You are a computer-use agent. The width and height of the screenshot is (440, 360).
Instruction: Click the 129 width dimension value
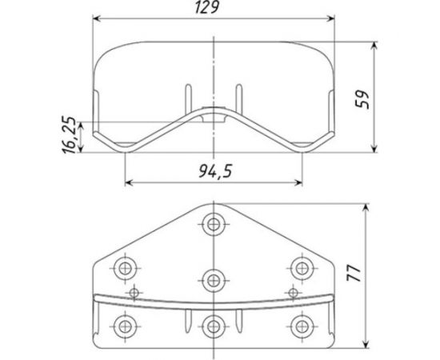click(x=214, y=7)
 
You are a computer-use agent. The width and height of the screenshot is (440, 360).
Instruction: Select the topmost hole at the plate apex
click(x=213, y=224)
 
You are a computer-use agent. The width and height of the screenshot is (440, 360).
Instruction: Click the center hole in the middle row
click(x=213, y=279)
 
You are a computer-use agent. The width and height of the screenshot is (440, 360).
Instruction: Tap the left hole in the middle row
click(x=126, y=267)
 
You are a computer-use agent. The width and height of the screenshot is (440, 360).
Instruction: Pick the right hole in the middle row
click(x=300, y=267)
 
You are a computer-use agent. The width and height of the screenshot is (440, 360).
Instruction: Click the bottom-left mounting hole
click(x=126, y=325)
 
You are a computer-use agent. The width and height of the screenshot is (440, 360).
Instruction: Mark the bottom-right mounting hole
click(x=300, y=325)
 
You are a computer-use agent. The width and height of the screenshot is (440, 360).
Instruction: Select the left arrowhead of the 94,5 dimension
click(x=130, y=182)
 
